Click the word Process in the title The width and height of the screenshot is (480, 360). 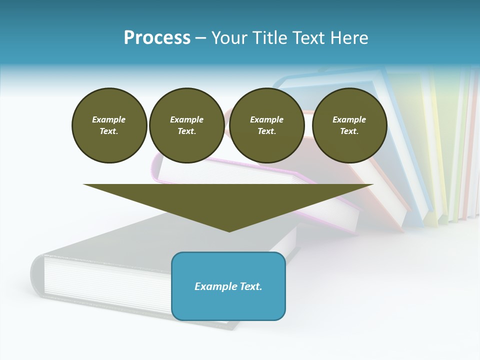click(x=157, y=37)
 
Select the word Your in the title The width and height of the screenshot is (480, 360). click(x=229, y=37)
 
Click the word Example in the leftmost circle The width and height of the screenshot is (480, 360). click(x=109, y=119)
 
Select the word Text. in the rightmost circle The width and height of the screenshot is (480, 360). click(x=349, y=131)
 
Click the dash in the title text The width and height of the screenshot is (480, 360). click(x=200, y=38)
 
